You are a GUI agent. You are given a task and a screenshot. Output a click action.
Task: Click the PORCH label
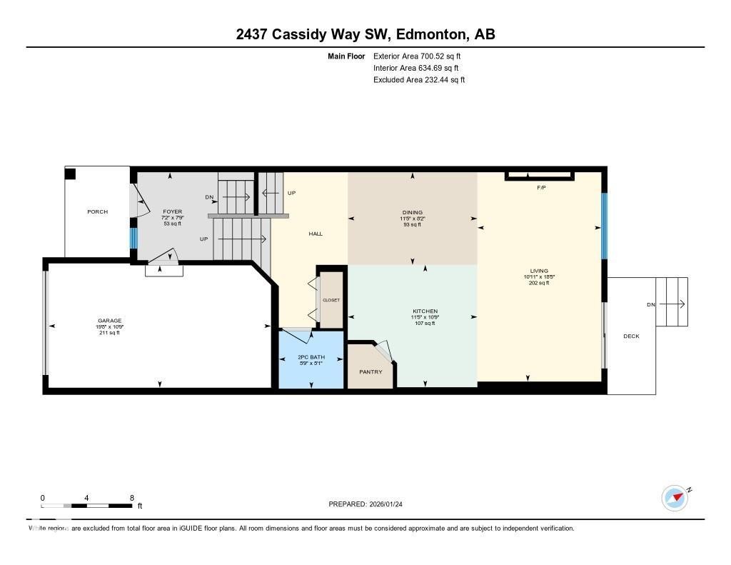[98, 212]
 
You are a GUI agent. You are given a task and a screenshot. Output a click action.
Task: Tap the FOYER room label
[172, 212]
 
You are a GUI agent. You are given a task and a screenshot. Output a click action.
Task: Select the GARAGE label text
[109, 321]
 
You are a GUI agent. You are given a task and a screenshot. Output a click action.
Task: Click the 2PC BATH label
[311, 356]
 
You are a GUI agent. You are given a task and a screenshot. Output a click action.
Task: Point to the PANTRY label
[370, 372]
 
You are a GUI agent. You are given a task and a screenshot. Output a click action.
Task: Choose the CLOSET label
[331, 301]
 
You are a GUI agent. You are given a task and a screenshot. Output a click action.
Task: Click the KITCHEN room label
[425, 311]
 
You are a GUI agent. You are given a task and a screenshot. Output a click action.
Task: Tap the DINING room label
[412, 212]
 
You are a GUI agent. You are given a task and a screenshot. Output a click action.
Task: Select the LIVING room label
[539, 271]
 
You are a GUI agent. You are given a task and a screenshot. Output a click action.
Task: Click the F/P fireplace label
[541, 187]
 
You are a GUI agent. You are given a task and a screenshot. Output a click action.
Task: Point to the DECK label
[631, 336]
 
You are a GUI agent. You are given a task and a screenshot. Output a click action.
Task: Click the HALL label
[316, 234]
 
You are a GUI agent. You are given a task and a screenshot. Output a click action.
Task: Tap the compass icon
[675, 498]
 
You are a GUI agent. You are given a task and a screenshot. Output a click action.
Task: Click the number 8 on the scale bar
[132, 498]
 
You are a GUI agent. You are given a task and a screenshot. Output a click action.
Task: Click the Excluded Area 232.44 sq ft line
[419, 80]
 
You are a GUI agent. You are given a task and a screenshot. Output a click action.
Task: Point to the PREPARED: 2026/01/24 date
[370, 504]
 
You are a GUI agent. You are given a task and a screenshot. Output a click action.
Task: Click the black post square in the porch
[70, 174]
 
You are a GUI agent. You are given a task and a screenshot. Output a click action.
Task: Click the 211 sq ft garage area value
[109, 332]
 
